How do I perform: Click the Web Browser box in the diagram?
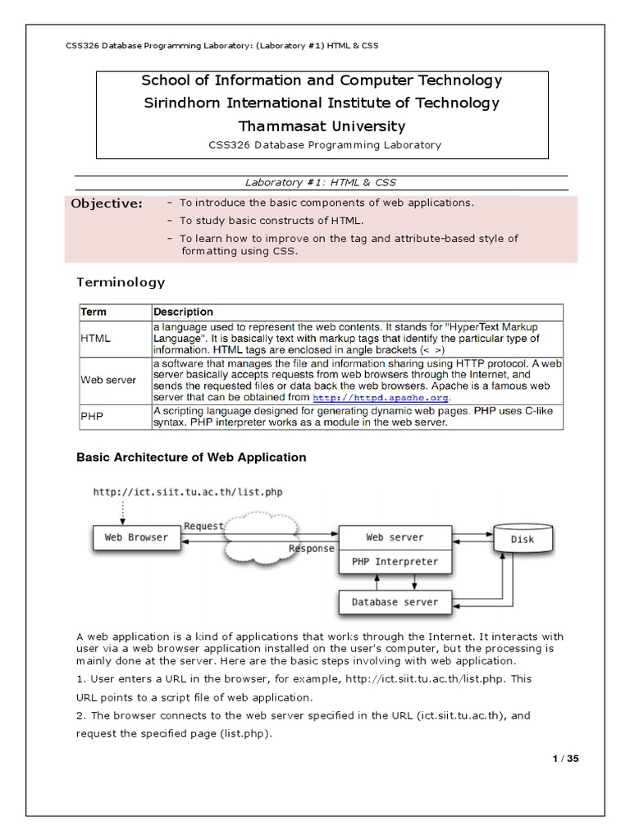pyautogui.click(x=136, y=538)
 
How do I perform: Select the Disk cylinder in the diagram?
pyautogui.click(x=522, y=540)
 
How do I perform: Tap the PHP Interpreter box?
pyautogui.click(x=395, y=563)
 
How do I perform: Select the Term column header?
pyautogui.click(x=94, y=312)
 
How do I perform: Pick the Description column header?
pyautogui.click(x=184, y=312)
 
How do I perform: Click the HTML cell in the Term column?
pyautogui.click(x=96, y=338)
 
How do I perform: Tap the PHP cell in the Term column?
pyautogui.click(x=91, y=416)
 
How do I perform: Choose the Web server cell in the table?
pyautogui.click(x=108, y=380)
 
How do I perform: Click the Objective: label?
pyautogui.click(x=107, y=203)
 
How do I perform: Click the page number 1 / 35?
pyautogui.click(x=566, y=759)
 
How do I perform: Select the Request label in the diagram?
pyautogui.click(x=203, y=526)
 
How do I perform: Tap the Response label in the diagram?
pyautogui.click(x=312, y=549)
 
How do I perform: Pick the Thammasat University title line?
pyautogui.click(x=321, y=126)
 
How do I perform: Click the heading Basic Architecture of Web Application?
pyautogui.click(x=191, y=457)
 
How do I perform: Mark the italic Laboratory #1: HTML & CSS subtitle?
pyautogui.click(x=321, y=181)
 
